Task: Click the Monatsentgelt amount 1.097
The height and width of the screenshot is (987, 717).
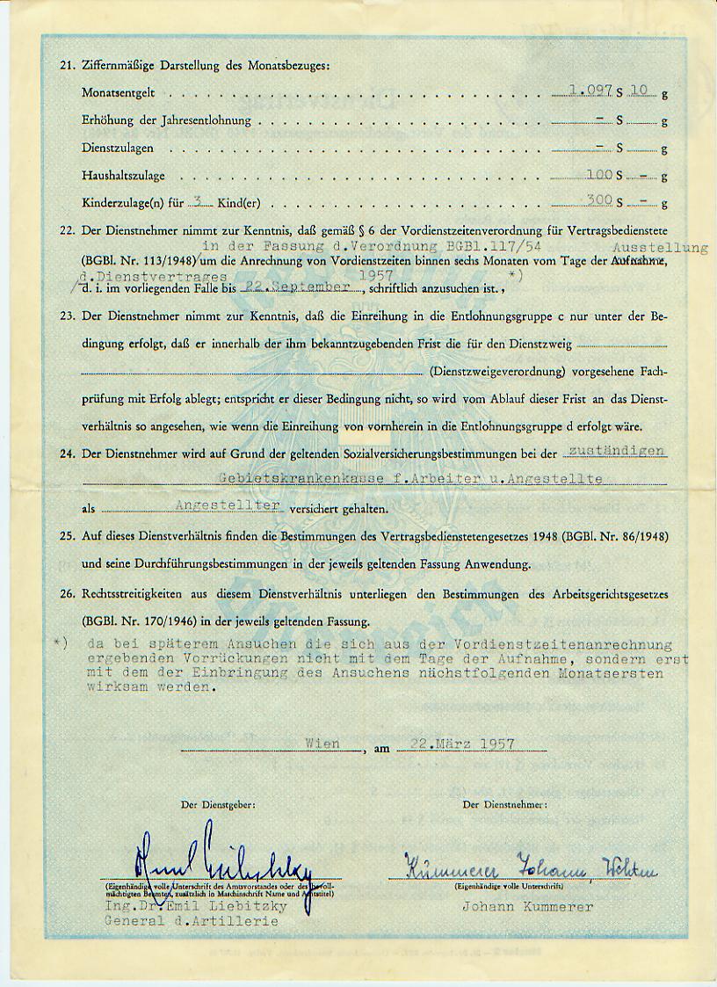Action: [x=590, y=90]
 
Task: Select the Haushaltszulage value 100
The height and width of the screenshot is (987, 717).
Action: [x=598, y=175]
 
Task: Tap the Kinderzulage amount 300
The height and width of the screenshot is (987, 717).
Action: [x=598, y=200]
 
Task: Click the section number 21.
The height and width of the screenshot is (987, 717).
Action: [x=65, y=65]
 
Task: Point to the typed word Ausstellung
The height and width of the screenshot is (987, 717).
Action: [x=660, y=248]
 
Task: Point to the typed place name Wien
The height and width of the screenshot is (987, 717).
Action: [x=322, y=743]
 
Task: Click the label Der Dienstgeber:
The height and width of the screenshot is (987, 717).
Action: [x=218, y=804]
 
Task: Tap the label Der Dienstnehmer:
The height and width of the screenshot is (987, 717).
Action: [x=504, y=804]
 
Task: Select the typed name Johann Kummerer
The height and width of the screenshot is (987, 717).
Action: [x=527, y=907]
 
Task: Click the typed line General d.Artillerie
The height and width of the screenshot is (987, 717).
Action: [x=192, y=920]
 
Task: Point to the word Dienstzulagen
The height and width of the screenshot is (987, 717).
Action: [x=117, y=149]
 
